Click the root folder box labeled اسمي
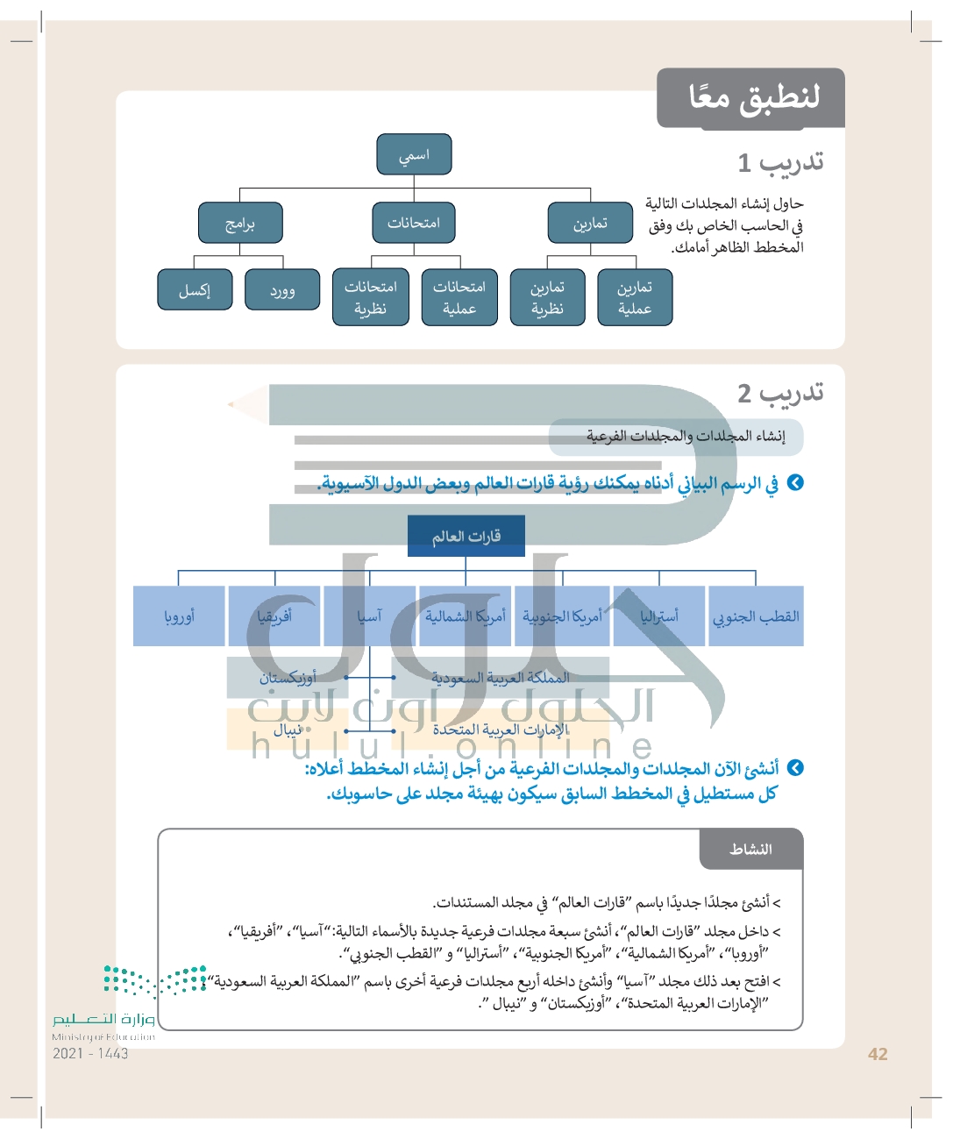[x=414, y=154]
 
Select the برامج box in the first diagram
[x=240, y=223]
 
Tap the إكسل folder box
[x=195, y=289]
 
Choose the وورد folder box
[x=282, y=289]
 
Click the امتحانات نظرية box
[x=371, y=297]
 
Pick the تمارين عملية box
[x=635, y=297]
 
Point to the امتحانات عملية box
[x=459, y=297]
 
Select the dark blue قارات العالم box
[x=466, y=536]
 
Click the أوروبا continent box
[x=179, y=616]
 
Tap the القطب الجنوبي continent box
[x=756, y=616]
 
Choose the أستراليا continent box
[x=659, y=616]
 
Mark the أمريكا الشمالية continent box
[x=466, y=616]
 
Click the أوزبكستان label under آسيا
[x=288, y=678]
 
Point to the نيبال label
[x=288, y=730]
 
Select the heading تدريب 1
[x=780, y=162]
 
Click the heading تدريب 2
[x=780, y=393]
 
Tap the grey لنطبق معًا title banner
[x=752, y=97]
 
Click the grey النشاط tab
[x=751, y=849]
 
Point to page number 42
[x=878, y=1054]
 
